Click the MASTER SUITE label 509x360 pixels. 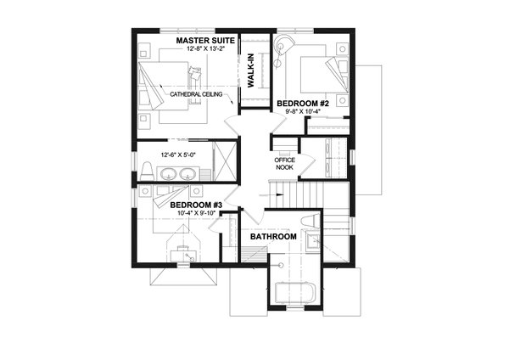click(x=204, y=40)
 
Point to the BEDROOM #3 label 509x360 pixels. click(x=195, y=205)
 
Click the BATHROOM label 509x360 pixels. click(x=272, y=237)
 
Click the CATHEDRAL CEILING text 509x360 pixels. click(x=196, y=94)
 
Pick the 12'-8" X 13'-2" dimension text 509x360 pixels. click(x=204, y=49)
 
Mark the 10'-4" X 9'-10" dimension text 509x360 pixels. click(x=194, y=214)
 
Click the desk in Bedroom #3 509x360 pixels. click(x=185, y=253)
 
